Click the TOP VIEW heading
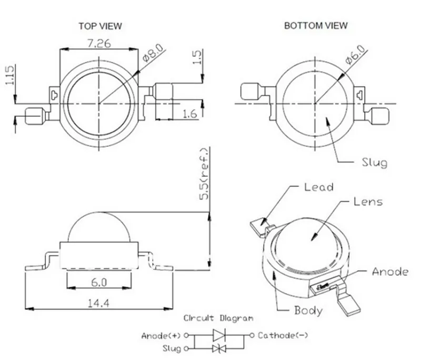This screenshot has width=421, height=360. (x=100, y=26)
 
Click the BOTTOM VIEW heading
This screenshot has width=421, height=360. (x=316, y=25)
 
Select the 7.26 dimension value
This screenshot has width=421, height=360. (x=99, y=43)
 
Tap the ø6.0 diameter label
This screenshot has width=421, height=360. (x=355, y=55)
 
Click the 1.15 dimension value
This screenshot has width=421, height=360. (x=9, y=75)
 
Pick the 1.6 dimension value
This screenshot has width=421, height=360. (x=190, y=114)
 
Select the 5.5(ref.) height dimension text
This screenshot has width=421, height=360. (x=204, y=174)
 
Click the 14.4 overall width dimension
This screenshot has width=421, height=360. (x=99, y=303)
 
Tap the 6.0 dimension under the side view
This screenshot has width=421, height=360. (x=99, y=283)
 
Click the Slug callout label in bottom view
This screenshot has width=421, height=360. (x=375, y=163)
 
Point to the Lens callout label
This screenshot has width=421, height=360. (x=368, y=202)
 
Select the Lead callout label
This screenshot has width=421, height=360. (x=319, y=187)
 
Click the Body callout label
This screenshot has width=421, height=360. (x=308, y=311)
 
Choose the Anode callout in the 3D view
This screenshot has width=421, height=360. (x=390, y=272)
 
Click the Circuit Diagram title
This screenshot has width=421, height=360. (x=218, y=318)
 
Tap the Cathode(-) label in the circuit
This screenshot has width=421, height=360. (x=283, y=335)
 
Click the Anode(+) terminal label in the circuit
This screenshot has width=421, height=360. (x=161, y=336)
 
